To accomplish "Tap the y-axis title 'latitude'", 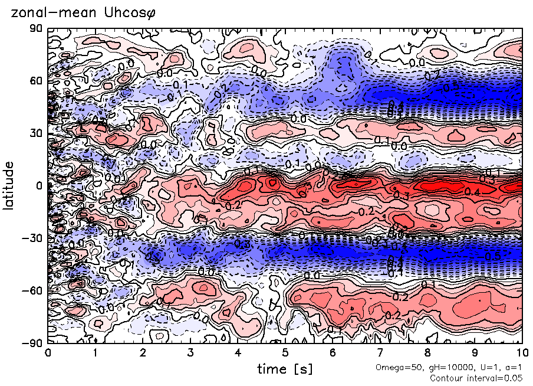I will pyautogui.click(x=8, y=185).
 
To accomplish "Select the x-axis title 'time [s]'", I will pyautogui.click(x=284, y=369).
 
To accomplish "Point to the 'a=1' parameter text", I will pyautogui.click(x=512, y=368).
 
